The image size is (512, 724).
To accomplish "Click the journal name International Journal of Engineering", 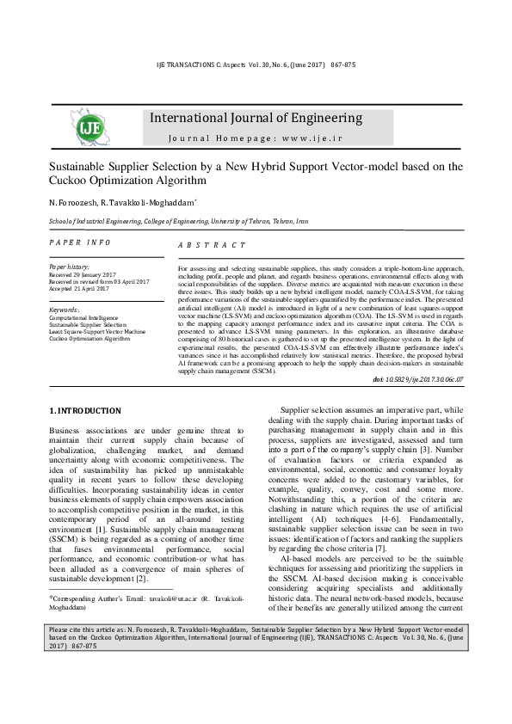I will (x=256, y=118).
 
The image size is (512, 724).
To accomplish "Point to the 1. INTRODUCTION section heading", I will (x=85, y=411).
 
